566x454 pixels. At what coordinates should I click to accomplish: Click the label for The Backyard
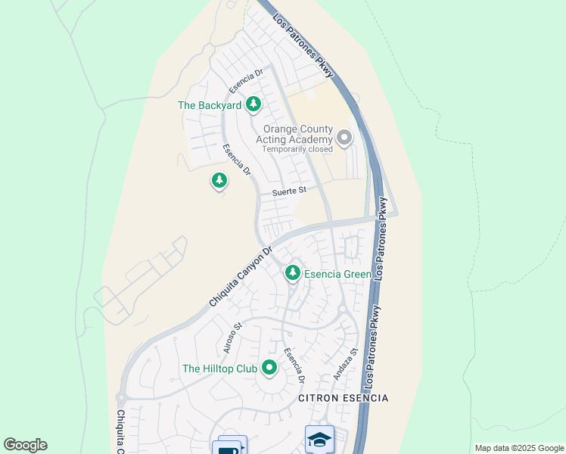209,106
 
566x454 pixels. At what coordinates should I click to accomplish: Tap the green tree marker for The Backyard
255,104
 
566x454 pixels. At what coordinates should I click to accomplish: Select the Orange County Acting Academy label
298,135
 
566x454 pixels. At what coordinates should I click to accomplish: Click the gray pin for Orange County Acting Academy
344,138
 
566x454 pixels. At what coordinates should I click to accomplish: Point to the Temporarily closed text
297,149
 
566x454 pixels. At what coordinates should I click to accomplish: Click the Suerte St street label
289,191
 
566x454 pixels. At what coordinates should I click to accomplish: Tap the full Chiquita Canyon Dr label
240,276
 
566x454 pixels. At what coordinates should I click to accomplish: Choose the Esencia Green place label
337,274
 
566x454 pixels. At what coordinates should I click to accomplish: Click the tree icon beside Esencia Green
292,272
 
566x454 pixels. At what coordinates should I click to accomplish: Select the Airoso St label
232,338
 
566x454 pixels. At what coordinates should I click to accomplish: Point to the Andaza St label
344,364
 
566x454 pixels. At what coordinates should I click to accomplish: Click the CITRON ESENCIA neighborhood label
343,398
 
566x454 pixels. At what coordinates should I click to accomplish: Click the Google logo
26,445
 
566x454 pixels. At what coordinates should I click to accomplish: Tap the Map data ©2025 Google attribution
519,448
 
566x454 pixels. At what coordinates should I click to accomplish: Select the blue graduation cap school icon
319,439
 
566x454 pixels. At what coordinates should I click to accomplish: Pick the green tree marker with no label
219,181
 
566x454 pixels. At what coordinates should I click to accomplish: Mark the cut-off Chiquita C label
121,431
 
